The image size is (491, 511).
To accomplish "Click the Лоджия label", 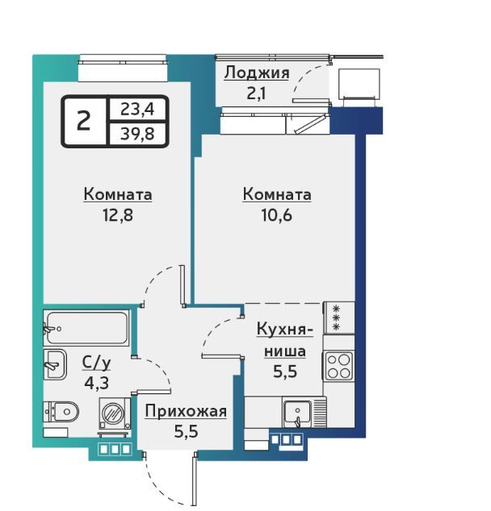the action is pos(257,73).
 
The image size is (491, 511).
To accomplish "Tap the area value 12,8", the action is pos(118,215).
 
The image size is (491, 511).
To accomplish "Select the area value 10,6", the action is pos(276,215).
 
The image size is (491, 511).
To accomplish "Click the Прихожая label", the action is pos(186,411).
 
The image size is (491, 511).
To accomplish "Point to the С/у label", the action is pos(97,364).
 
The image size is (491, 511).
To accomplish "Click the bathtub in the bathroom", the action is pos(87,328).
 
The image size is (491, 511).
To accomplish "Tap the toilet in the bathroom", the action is pos(61,412).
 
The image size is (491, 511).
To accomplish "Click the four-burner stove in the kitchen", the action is pos(338,366).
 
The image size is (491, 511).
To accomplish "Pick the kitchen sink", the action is pos(297,413).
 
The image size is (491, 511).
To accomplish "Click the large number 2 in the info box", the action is pos(83,121).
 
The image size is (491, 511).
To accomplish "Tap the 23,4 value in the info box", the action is pos(137,109).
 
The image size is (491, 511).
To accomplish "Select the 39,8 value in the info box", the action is pos(137,133).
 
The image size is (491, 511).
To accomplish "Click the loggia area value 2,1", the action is pos(256,93).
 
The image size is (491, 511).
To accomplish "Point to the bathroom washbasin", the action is pos(55,364).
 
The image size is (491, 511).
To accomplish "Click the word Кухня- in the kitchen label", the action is pos(285,330).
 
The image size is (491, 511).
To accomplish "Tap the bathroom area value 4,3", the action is pos(97,384).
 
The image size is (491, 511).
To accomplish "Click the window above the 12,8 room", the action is pos(123,69).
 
